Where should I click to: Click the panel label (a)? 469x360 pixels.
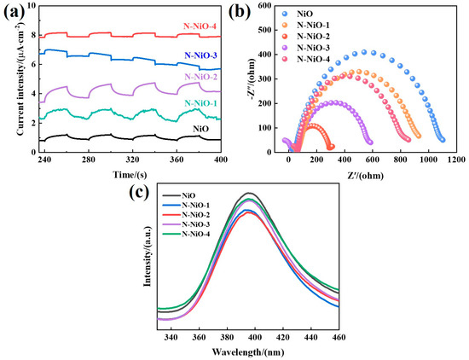tap(14, 11)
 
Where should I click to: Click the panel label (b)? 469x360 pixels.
tap(245, 11)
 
